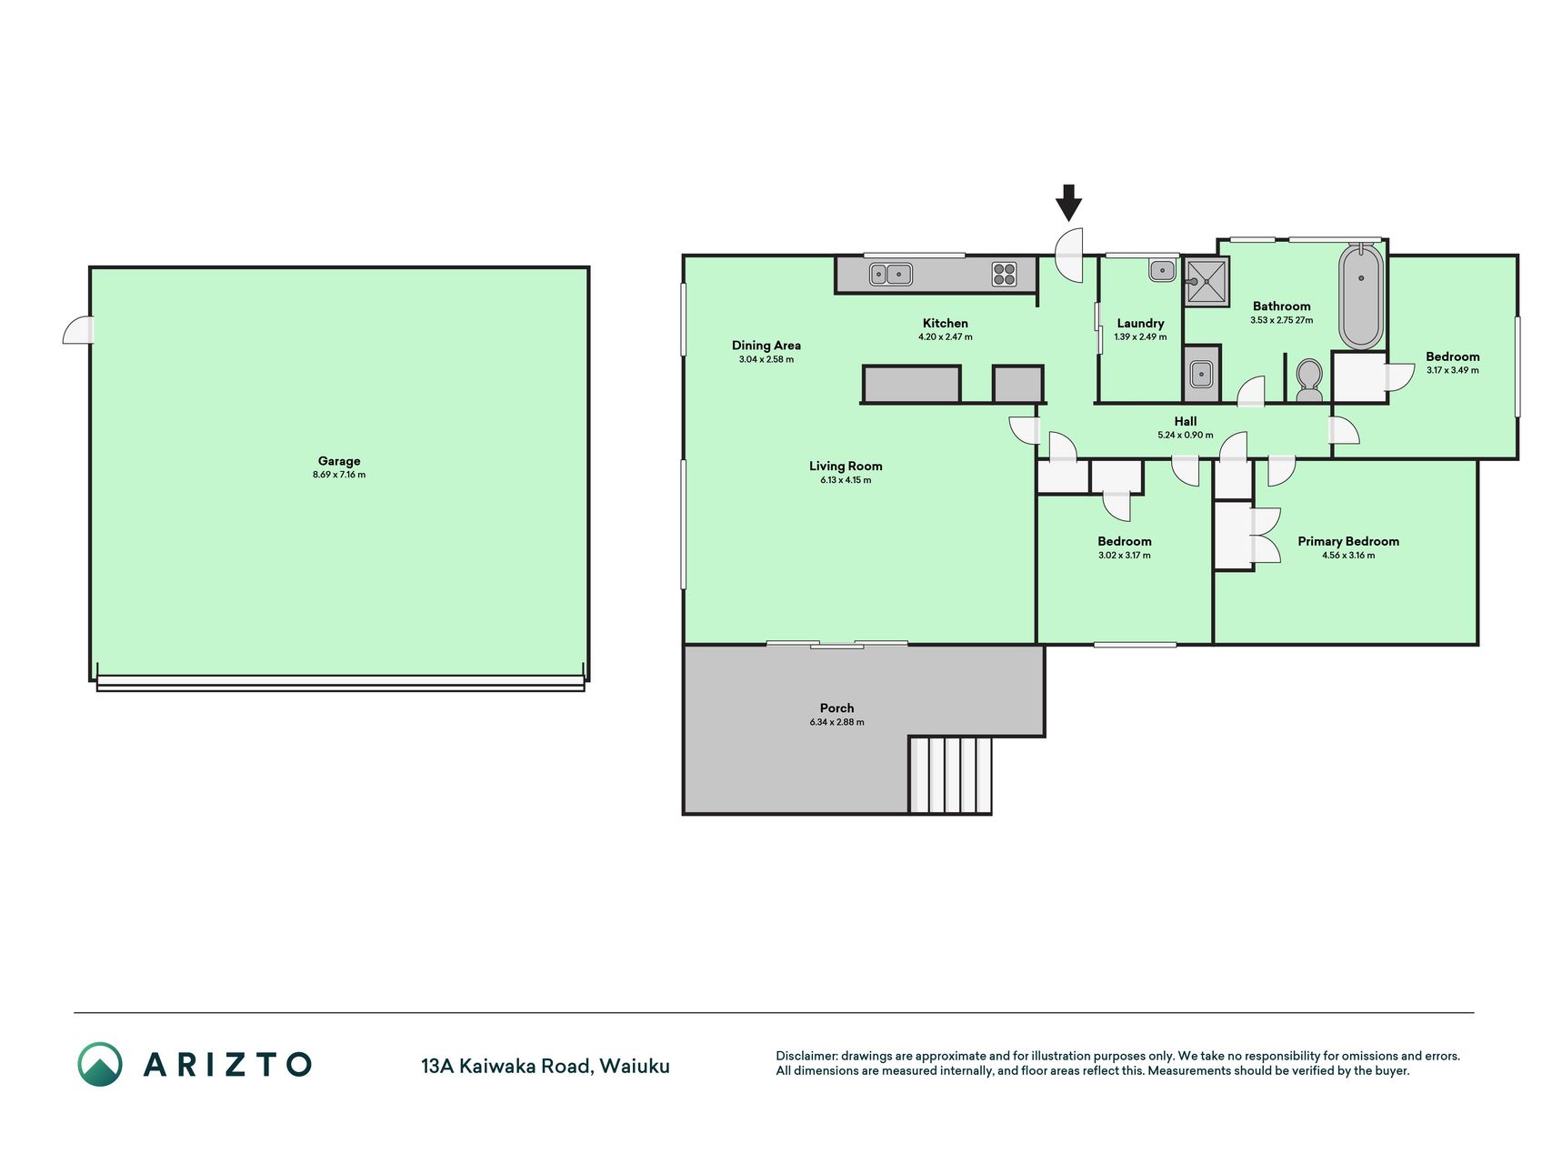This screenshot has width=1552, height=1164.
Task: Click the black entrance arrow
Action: [1068, 203]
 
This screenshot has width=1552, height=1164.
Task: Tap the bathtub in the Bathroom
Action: [1360, 296]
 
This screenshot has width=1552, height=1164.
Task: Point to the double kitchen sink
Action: [891, 273]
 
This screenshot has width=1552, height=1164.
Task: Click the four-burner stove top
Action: [1004, 274]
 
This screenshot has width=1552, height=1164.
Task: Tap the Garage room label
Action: [339, 461]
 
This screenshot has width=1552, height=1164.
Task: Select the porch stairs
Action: [950, 775]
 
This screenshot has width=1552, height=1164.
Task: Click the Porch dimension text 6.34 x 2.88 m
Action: [836, 722]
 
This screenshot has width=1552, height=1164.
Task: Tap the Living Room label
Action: [846, 466]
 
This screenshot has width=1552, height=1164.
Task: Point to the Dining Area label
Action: [766, 346]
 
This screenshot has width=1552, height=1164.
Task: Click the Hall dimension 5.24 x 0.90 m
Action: [1185, 435]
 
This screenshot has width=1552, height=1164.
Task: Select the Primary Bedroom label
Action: [1348, 541]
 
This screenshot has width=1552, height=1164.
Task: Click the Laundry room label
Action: [1140, 323]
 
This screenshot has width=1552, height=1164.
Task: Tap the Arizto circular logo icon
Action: [100, 1064]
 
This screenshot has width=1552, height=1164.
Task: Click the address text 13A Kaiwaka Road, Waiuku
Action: [545, 1066]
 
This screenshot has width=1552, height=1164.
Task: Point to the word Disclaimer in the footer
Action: [806, 1056]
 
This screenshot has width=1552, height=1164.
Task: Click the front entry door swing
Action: [1069, 254]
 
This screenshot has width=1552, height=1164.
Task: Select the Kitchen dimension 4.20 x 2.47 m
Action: [945, 336]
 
